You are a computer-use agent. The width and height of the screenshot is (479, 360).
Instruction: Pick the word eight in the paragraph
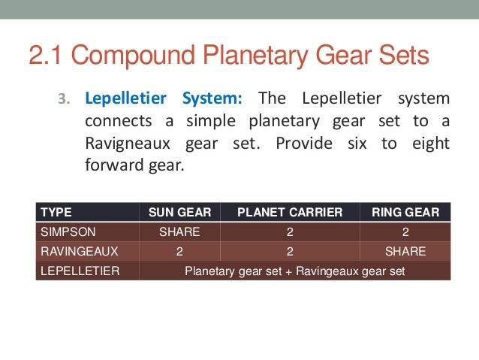(x=431, y=143)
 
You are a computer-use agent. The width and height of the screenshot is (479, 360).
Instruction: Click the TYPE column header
(x=56, y=213)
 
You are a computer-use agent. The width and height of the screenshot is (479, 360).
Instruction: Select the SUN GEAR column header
(x=179, y=213)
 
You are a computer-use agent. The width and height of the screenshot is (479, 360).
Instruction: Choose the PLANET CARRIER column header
(x=289, y=213)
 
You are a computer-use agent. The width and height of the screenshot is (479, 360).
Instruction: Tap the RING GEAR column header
(x=405, y=213)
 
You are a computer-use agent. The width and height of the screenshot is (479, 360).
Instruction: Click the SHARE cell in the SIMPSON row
(x=179, y=232)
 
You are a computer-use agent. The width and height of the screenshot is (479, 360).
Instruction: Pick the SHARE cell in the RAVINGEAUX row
(x=405, y=251)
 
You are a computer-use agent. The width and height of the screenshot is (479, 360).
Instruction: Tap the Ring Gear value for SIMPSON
(x=405, y=232)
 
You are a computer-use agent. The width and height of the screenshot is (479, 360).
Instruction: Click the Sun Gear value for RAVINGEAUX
(x=179, y=251)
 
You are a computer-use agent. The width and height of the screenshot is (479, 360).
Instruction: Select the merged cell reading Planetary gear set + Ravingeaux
(x=295, y=271)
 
